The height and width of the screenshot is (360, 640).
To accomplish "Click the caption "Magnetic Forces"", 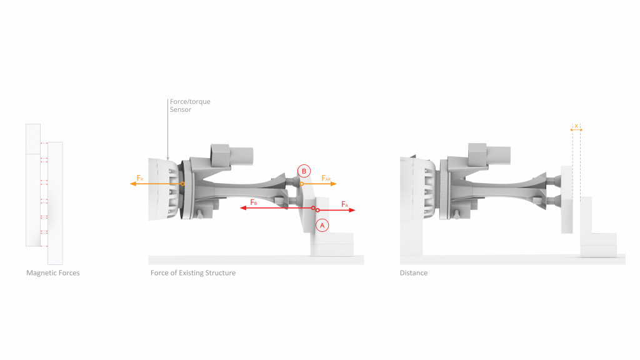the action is pyautogui.click(x=53, y=273).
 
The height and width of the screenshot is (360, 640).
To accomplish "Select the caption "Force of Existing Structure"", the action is pyautogui.click(x=193, y=273).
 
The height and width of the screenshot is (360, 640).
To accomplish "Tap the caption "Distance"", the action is pyautogui.click(x=414, y=273).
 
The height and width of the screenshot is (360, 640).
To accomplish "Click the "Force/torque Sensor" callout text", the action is pyautogui.click(x=190, y=105).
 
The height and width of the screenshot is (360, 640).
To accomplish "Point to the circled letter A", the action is pyautogui.click(x=322, y=225).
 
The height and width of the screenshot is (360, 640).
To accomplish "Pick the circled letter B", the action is pyautogui.click(x=304, y=171).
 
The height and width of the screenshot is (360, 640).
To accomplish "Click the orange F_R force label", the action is pyautogui.click(x=140, y=178).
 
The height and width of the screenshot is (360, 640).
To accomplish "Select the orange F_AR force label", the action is pyautogui.click(x=326, y=178).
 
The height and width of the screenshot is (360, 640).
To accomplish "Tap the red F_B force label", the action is pyautogui.click(x=254, y=202).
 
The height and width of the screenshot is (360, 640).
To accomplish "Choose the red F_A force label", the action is pyautogui.click(x=345, y=204).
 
